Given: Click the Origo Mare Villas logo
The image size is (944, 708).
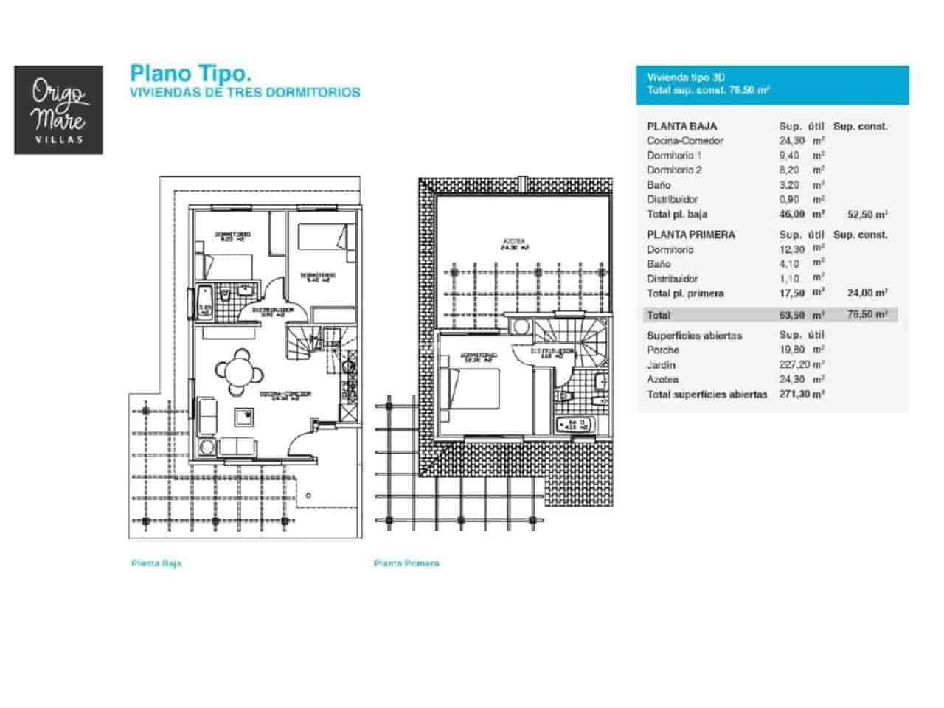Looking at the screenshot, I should tap(58, 110).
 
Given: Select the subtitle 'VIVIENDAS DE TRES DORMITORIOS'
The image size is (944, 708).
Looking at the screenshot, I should tap(245, 93).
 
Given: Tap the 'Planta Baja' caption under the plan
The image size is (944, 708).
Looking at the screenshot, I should tap(156, 563).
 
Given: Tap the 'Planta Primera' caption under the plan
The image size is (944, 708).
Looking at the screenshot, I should tap(406, 563).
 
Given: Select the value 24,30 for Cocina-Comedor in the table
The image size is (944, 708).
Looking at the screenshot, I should tap(793, 141).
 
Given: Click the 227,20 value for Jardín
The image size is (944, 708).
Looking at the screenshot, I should tap(794, 365).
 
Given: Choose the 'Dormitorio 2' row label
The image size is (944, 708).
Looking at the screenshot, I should tap(674, 170).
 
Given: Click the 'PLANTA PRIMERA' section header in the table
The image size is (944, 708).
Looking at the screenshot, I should tap(690, 235).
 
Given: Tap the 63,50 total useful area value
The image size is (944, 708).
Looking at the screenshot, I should tap(794, 315).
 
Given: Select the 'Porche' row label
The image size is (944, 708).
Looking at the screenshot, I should tap(663, 350).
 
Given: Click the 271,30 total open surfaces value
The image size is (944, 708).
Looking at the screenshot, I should tap(794, 395).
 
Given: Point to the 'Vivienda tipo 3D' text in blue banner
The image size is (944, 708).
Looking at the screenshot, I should tap(686, 77).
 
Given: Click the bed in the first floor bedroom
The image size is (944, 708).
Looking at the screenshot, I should tap(472, 386).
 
